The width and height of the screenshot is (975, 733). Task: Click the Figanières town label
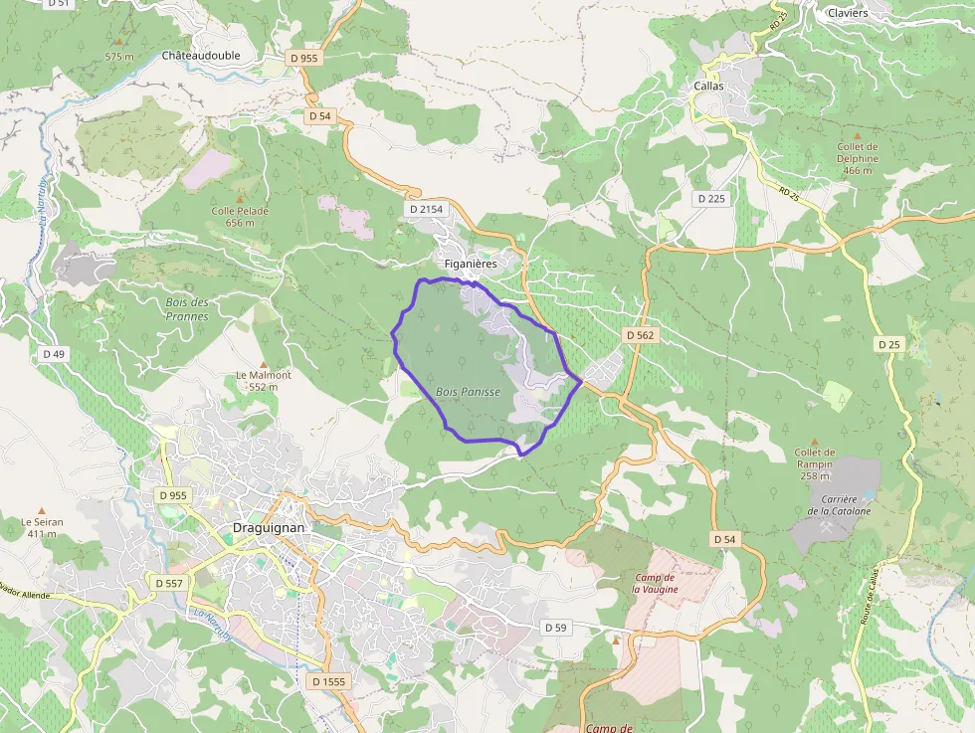point(471,264)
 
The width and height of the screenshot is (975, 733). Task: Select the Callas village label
point(708,87)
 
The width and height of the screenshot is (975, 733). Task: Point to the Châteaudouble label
point(201,56)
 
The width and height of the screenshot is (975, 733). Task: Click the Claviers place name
point(848,13)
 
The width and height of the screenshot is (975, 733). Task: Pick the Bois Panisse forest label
point(468,392)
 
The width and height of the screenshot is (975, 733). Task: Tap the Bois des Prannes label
point(187,308)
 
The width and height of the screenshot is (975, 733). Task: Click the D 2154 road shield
point(425,209)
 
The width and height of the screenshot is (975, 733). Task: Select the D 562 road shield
point(641,335)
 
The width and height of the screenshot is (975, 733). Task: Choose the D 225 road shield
point(711,199)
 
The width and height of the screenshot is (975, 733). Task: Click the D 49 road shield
point(53,354)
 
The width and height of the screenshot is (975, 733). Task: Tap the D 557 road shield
point(169,582)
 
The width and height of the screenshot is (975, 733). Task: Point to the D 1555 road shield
point(327,681)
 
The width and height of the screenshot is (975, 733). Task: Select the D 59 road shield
point(555,628)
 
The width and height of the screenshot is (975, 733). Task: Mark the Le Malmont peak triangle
point(264,364)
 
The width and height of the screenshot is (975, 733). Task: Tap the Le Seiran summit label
point(41,527)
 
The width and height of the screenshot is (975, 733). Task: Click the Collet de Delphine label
point(857,158)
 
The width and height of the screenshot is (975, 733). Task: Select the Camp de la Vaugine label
point(655,583)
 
